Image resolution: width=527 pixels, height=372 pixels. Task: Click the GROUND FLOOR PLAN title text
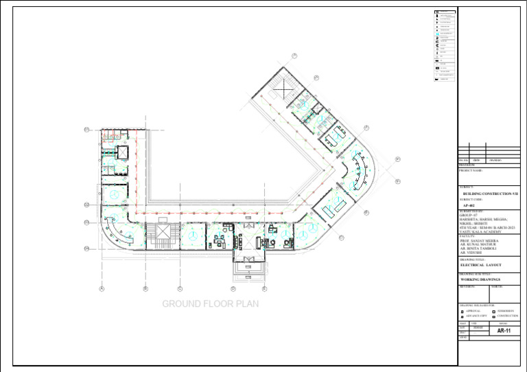(210, 304)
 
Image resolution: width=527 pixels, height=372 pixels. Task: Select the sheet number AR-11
(504, 331)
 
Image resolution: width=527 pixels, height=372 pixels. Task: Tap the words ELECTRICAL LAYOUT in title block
(481, 264)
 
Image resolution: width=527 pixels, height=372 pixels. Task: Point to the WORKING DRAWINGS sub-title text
(480, 280)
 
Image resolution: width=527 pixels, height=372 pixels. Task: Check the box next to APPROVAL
(462, 312)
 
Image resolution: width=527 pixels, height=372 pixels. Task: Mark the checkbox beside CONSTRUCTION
(494, 316)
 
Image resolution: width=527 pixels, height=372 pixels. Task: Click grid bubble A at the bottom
(102, 289)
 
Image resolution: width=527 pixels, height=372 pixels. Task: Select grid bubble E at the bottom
(264, 289)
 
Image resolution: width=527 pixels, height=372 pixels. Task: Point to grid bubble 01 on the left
(86, 129)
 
